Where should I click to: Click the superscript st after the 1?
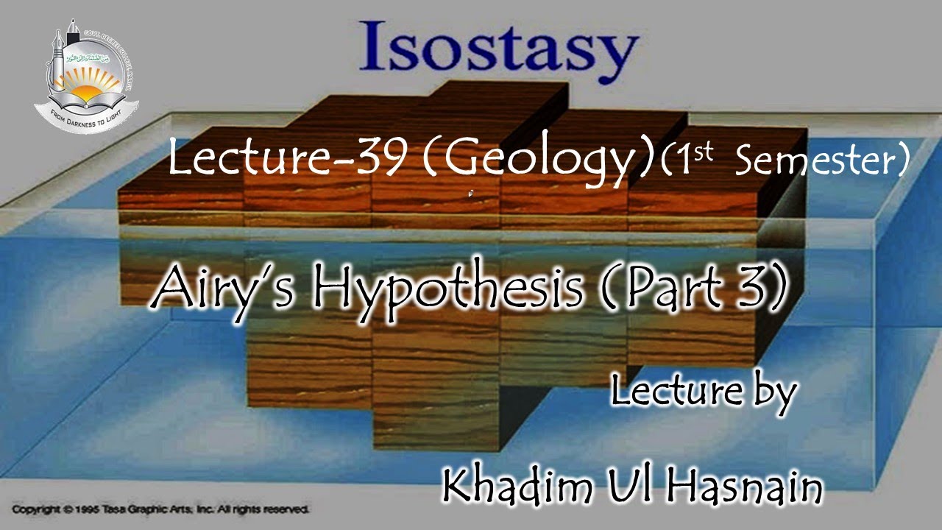pos(705,152)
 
